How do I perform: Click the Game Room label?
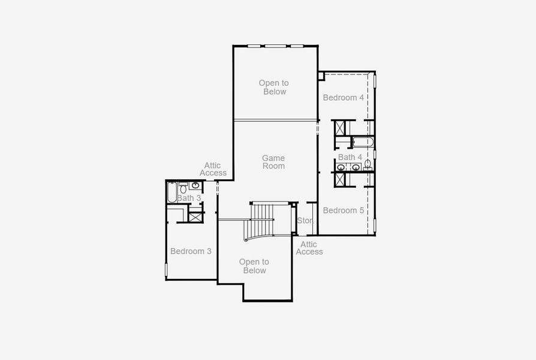pos(273,162)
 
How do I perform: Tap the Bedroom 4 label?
pos(343,97)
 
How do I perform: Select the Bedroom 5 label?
pos(344,210)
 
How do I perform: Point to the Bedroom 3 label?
pos(191,251)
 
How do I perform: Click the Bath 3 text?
pos(189,198)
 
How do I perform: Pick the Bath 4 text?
pos(350,157)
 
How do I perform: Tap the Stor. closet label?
pos(305,221)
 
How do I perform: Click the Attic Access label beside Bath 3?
pos(213,169)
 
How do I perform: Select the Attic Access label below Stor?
pos(309,248)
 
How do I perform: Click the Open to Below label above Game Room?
pos(273,87)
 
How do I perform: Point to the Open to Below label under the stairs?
pos(254,266)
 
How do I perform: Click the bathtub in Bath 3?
pos(171,192)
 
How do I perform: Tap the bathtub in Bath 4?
pos(363,142)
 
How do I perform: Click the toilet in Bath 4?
pos(368,164)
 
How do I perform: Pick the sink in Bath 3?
pos(195,185)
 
